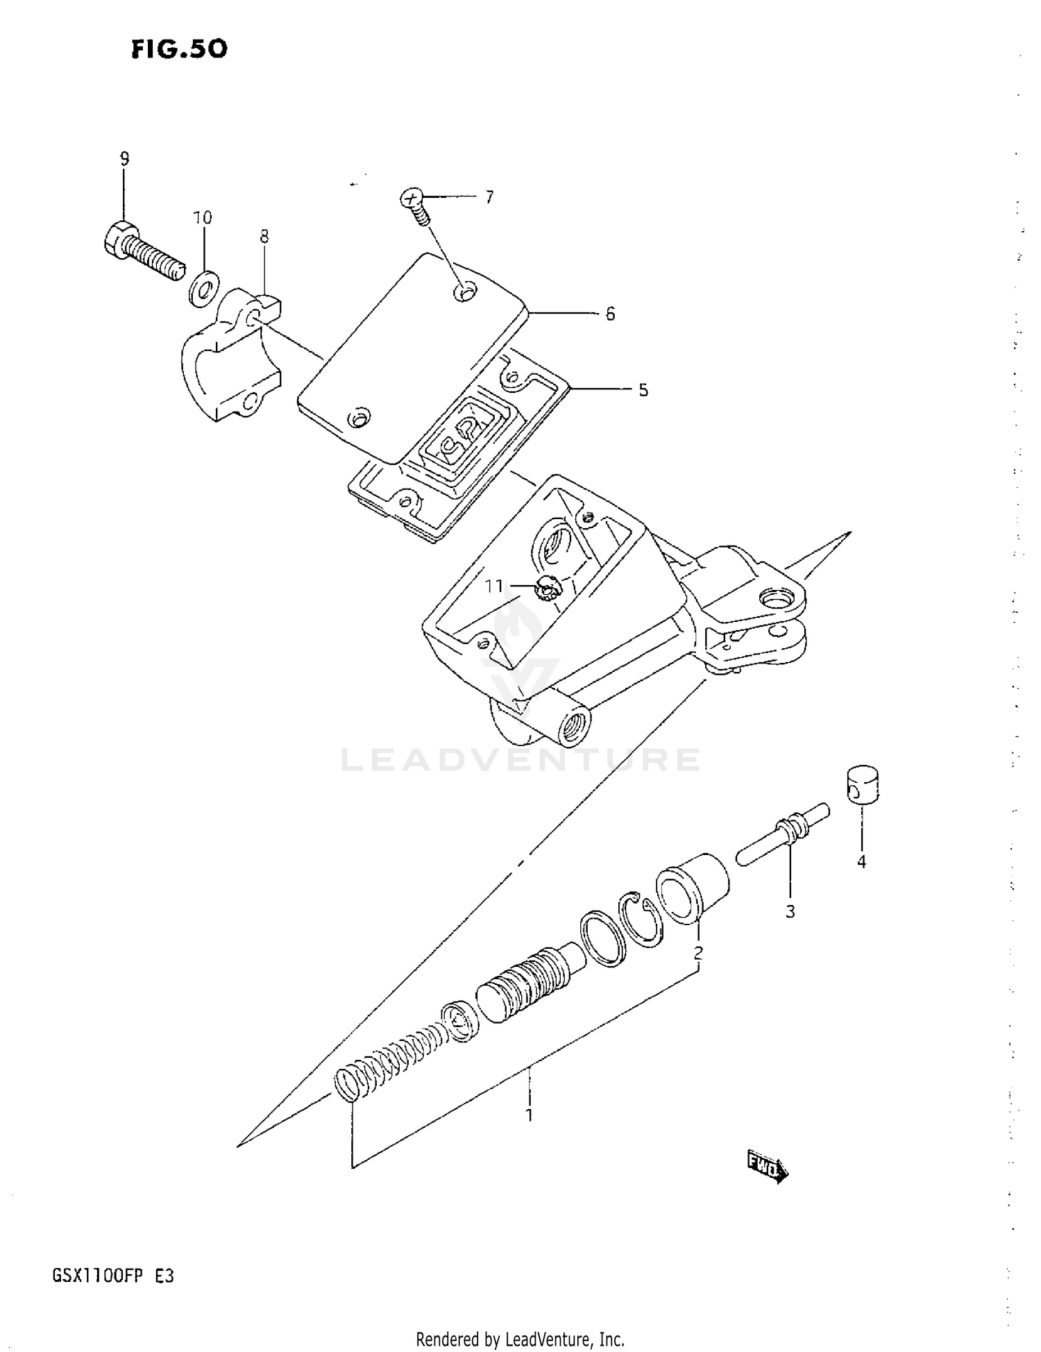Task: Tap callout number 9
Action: pyautogui.click(x=124, y=159)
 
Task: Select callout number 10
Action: pyautogui.click(x=202, y=218)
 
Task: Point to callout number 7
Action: pyautogui.click(x=489, y=198)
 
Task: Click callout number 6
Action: pyautogui.click(x=610, y=314)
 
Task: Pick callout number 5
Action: pyautogui.click(x=643, y=391)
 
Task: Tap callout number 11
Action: pyautogui.click(x=494, y=586)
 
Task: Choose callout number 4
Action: pyautogui.click(x=861, y=862)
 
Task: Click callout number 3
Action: pyautogui.click(x=790, y=911)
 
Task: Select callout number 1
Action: pyautogui.click(x=529, y=1115)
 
